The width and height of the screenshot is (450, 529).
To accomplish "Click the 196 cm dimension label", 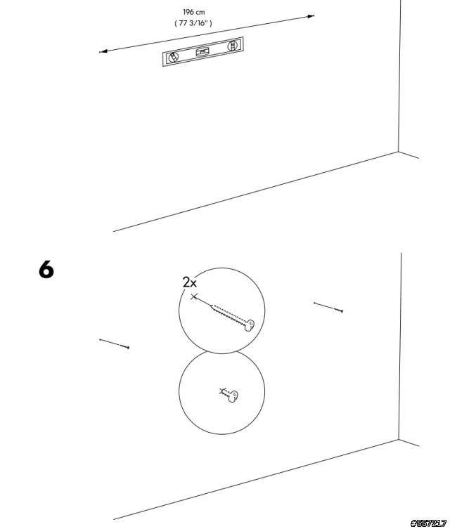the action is click(x=194, y=12).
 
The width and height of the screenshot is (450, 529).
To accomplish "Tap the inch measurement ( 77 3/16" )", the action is click(x=193, y=23).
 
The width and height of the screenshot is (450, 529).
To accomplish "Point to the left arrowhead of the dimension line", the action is click(x=103, y=51).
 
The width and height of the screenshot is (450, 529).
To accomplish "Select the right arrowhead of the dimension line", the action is click(x=311, y=16).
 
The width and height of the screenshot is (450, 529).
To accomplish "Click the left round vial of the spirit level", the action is click(x=173, y=58).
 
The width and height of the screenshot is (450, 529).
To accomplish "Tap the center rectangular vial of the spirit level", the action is click(x=202, y=51).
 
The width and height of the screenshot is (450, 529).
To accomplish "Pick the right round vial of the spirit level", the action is click(x=232, y=46).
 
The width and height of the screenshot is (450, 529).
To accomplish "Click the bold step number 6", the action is click(x=46, y=270).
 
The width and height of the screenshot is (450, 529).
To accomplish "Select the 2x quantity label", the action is click(x=189, y=282).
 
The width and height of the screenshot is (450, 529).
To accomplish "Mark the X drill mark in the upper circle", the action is click(x=193, y=297).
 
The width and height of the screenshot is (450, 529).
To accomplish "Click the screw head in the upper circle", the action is click(x=250, y=325).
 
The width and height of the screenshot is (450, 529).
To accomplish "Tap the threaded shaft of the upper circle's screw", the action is click(x=227, y=314).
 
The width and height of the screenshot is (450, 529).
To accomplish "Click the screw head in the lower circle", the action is click(x=233, y=396).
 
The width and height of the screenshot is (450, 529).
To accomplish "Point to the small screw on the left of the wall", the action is click(x=114, y=344).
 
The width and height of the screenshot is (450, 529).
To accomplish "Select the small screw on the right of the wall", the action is click(x=328, y=307).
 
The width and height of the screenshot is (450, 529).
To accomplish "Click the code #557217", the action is click(x=428, y=523).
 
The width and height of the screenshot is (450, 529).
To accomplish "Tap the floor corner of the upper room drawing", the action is click(x=399, y=152).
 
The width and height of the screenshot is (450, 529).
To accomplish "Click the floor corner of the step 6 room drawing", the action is click(x=399, y=440).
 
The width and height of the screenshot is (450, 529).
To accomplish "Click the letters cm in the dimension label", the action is click(x=200, y=13).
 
